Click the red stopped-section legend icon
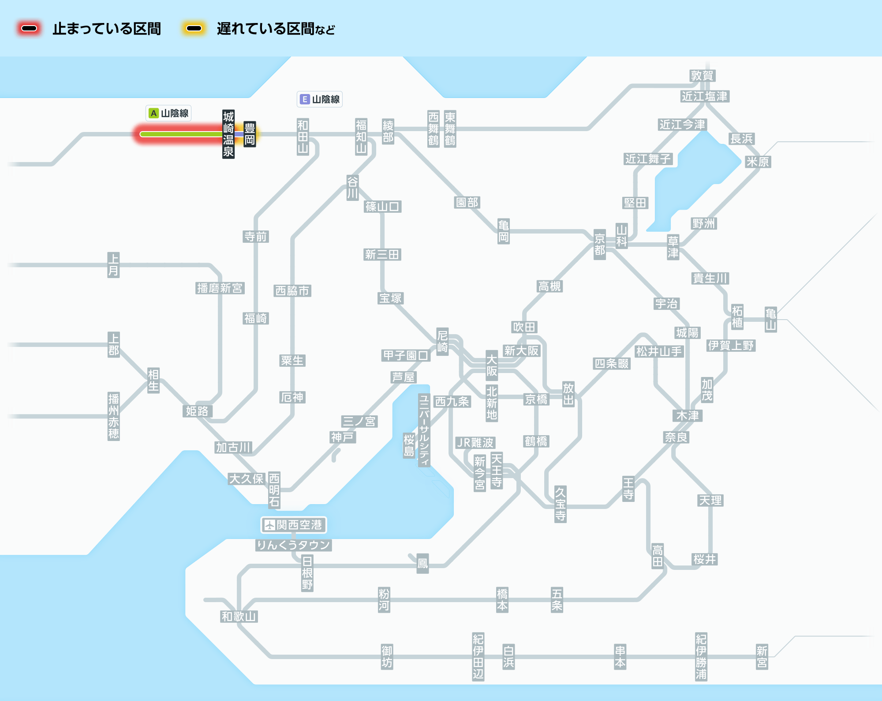[x=29, y=29]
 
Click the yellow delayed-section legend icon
[x=194, y=29]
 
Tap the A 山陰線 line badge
[x=168, y=113]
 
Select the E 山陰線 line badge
[x=320, y=99]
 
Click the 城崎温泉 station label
[x=228, y=134]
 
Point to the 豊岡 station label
[x=250, y=134]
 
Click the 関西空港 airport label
[x=294, y=525]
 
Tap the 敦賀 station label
[x=702, y=75]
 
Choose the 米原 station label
[x=758, y=162]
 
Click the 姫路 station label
[x=197, y=411]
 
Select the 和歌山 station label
[x=239, y=616]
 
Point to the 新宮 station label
[x=762, y=656]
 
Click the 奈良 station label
[x=676, y=437]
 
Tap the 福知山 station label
[x=361, y=136]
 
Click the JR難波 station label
[x=475, y=442]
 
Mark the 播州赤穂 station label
[x=114, y=416]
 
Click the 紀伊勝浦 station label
[x=701, y=656]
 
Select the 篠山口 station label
[x=382, y=206]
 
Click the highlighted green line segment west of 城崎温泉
[x=181, y=134]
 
